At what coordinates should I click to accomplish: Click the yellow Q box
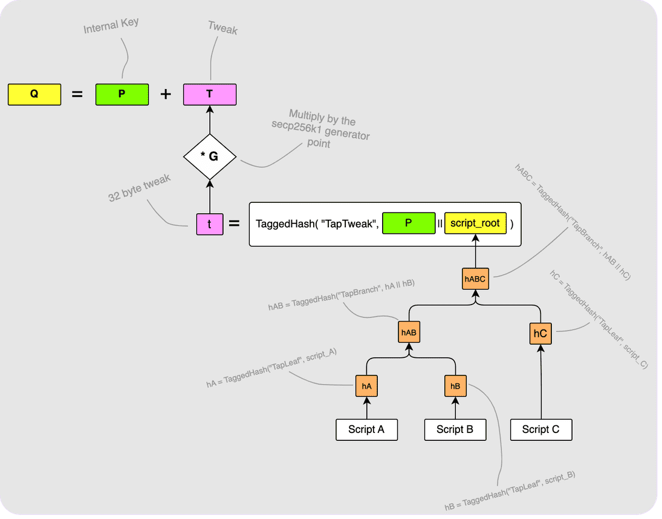point(34,95)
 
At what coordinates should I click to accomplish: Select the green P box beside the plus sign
point(122,95)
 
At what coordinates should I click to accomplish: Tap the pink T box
point(209,95)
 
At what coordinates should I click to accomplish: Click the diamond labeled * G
point(209,156)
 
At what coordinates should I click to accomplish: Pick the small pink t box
point(209,224)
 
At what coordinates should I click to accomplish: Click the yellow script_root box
point(475,223)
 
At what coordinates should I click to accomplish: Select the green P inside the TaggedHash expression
point(409,223)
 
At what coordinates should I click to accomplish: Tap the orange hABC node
point(475,279)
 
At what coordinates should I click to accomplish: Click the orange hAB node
point(409,332)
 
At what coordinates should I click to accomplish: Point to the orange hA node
point(366,386)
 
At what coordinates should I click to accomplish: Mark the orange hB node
point(455,386)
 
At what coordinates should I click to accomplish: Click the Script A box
point(366,429)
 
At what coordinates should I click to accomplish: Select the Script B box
point(455,429)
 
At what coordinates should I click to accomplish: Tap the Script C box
point(540,429)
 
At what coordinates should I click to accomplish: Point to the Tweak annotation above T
point(222,28)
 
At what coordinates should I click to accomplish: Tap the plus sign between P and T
point(166,95)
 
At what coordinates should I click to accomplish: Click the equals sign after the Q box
point(77,95)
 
